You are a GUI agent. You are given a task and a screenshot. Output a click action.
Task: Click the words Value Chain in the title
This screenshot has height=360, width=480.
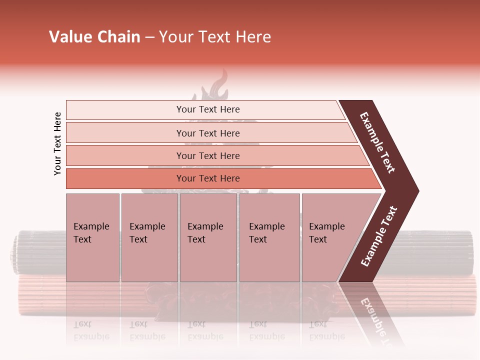coord(94,37)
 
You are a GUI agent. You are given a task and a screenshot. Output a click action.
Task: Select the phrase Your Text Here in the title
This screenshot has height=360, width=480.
coord(215,37)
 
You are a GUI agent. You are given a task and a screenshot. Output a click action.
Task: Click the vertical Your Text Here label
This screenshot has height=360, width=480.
coord(57,143)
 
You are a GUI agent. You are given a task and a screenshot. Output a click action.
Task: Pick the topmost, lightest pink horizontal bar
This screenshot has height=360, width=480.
coord(207,109)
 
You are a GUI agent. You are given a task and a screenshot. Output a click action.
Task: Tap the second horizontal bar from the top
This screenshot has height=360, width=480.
coord(207,133)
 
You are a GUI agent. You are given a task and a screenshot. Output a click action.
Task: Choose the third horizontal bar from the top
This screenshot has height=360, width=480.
coord(207,155)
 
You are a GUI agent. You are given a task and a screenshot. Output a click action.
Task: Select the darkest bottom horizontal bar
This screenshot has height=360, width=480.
coord(207,178)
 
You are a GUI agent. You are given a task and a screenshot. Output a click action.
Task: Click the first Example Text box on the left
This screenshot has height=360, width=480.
coord(92,237)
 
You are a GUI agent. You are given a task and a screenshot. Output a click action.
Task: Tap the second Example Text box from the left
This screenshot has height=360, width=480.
coord(149,237)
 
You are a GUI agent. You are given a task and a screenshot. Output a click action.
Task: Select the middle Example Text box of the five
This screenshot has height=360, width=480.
coord(208,237)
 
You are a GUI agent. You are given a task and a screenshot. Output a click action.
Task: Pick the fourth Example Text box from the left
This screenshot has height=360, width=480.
coord(269,237)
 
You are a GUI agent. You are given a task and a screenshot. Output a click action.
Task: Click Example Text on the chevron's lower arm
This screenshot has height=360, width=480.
coord(379,236)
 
